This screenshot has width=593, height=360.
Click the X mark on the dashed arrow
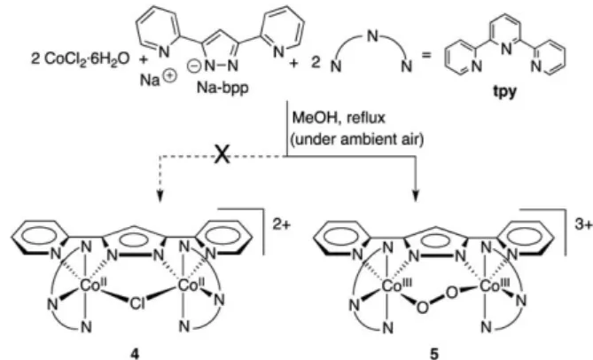click(x=222, y=155)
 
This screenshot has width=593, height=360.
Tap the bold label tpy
click(x=505, y=92)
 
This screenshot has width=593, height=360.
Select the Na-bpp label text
click(x=222, y=88)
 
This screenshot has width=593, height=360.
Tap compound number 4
click(x=135, y=354)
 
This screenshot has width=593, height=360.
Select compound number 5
click(x=435, y=354)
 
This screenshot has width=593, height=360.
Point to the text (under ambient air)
click(x=357, y=139)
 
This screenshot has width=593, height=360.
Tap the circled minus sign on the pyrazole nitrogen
click(x=193, y=67)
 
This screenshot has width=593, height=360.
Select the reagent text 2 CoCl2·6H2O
click(x=80, y=59)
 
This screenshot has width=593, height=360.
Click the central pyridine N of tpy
click(x=505, y=49)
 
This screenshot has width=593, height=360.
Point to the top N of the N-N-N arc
click(x=372, y=36)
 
